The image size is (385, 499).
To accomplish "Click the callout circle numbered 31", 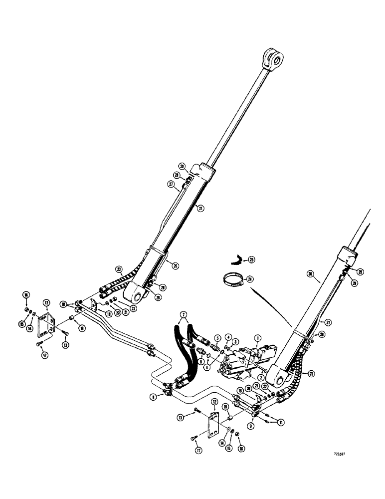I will (x=200, y=209).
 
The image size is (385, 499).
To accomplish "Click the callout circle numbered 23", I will (x=119, y=269).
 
